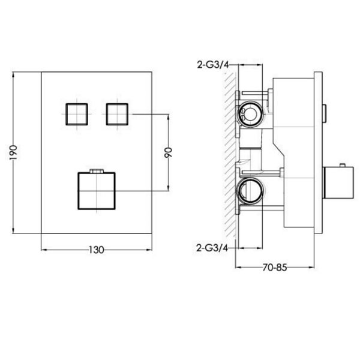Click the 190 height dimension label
[14, 152]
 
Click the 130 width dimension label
[97, 250]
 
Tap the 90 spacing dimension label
[168, 152]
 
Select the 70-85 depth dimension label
[275, 268]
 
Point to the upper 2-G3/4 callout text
[213, 65]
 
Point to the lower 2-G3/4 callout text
[212, 248]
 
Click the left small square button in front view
[77, 115]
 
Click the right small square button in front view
[117, 115]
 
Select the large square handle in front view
[97, 191]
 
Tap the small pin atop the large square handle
[97, 170]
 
